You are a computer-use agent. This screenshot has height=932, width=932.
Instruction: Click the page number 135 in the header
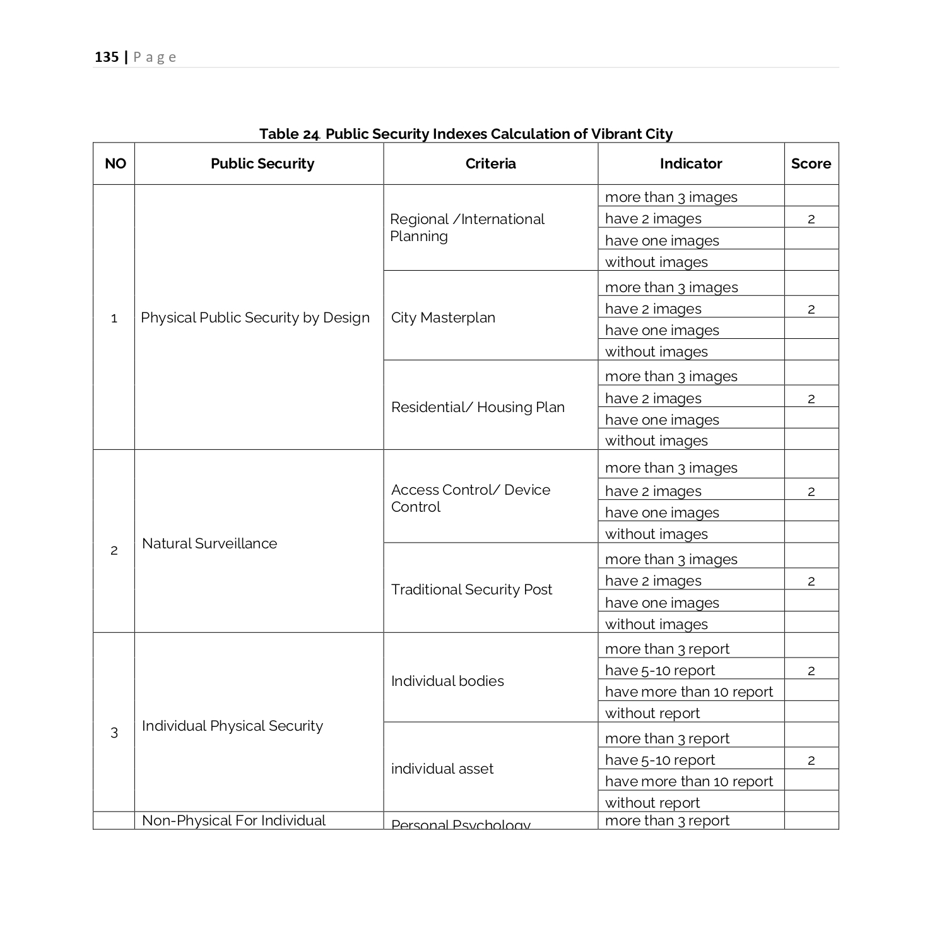[x=107, y=57]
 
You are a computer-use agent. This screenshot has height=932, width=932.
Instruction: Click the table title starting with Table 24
[x=466, y=134]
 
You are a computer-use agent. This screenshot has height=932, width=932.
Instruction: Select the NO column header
[x=115, y=164]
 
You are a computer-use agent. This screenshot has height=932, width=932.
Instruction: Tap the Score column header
[x=811, y=164]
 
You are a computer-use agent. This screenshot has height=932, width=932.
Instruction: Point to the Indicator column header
[x=691, y=164]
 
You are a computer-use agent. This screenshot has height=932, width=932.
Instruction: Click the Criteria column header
[x=490, y=164]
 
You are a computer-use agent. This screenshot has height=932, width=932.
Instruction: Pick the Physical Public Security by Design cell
[x=255, y=317]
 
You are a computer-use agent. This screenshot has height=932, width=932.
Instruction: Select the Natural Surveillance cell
[x=209, y=543]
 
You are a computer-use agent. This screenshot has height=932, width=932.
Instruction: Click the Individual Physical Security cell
[x=232, y=726]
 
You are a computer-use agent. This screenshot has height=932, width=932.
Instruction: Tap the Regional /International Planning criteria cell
[x=467, y=227]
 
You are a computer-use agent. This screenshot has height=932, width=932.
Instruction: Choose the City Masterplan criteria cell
[x=443, y=317]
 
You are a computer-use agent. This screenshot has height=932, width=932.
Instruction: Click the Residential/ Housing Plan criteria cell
[x=478, y=407]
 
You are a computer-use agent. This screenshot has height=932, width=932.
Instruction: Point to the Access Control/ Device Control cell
[x=470, y=498]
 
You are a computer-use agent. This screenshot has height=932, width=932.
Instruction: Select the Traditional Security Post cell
[x=471, y=589]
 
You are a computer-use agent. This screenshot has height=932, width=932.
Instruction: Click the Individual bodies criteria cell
[x=447, y=681]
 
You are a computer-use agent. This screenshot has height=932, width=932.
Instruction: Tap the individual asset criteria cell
[x=442, y=769]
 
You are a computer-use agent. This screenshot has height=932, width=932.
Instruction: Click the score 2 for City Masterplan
[x=811, y=309]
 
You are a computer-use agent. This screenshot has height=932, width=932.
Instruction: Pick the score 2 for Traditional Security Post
[x=811, y=581]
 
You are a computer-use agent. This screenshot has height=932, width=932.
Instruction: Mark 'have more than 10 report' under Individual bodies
[x=688, y=692]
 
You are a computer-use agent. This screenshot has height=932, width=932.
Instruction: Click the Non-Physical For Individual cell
[x=233, y=820]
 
